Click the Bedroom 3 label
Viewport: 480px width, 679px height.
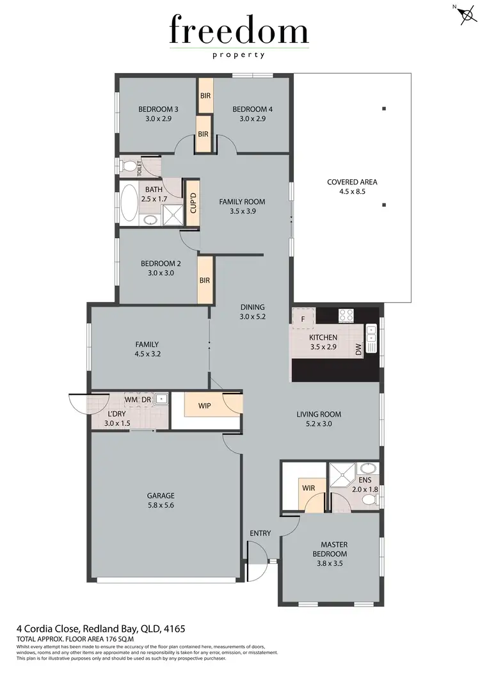pyautogui.click(x=158, y=109)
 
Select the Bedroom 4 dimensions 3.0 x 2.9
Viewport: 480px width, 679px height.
pyautogui.click(x=252, y=119)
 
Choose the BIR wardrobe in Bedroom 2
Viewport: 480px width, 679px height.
pyautogui.click(x=205, y=280)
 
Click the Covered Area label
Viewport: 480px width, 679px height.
pyautogui.click(x=352, y=182)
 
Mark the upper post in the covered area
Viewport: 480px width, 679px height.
pyautogui.click(x=384, y=108)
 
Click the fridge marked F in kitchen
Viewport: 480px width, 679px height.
pyautogui.click(x=303, y=317)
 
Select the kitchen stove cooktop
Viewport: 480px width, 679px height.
pyautogui.click(x=346, y=315)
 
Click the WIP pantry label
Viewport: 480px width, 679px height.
pyautogui.click(x=205, y=406)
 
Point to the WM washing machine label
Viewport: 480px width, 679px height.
pyautogui.click(x=131, y=399)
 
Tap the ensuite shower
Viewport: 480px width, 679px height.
pyautogui.click(x=340, y=475)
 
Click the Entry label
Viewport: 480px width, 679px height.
pyautogui.click(x=260, y=533)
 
